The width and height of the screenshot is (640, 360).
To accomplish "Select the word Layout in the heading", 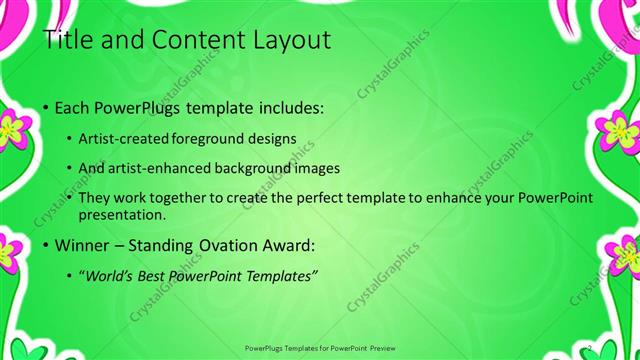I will coord(288,41).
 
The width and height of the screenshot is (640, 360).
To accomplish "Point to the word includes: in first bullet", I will coord(287,107).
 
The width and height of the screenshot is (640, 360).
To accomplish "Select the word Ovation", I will coord(218,244).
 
